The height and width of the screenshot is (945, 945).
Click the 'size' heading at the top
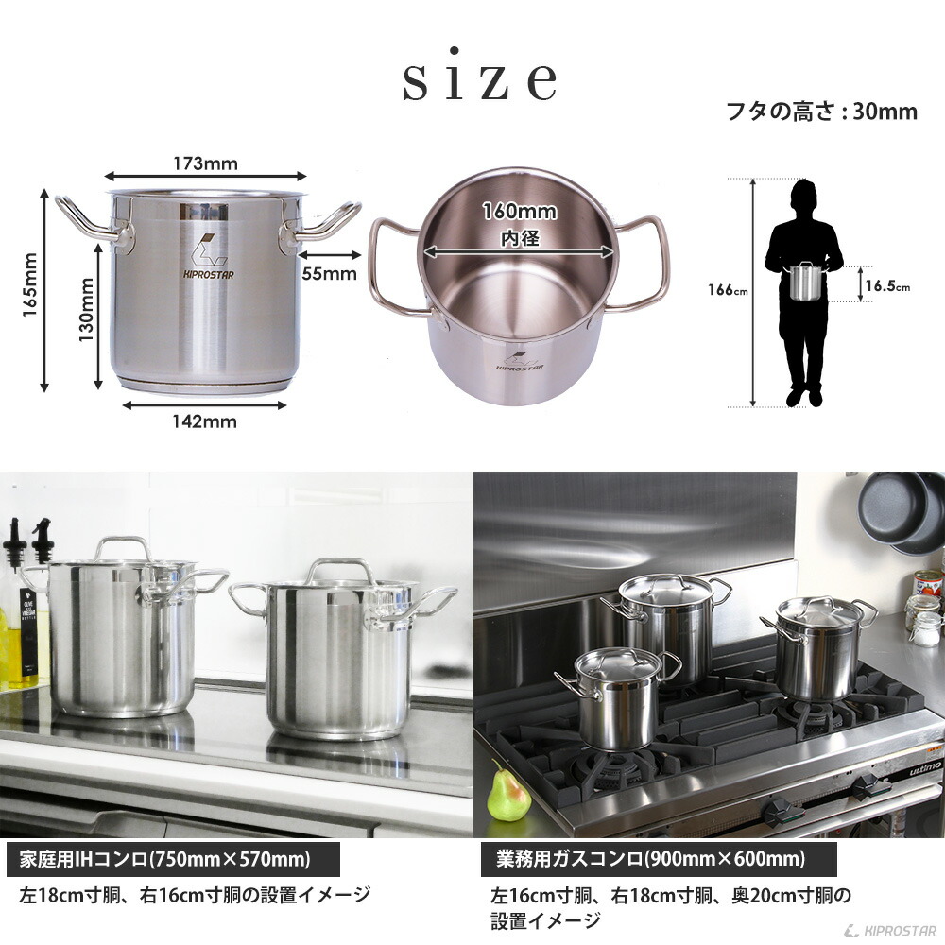coord(480,77)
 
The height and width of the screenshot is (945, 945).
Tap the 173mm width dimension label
coord(205,163)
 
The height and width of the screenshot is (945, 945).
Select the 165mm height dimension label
coord(30,284)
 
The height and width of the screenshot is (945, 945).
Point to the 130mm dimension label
coord(86,309)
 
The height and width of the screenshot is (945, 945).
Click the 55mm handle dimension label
coord(329,274)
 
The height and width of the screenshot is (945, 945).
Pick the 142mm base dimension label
coord(205,421)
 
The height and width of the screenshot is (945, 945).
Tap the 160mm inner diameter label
coord(520,212)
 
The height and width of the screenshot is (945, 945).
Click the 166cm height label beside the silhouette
coord(728,290)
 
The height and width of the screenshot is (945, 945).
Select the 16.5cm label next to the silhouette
coord(887,285)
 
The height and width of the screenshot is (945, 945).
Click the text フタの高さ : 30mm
coord(822,112)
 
